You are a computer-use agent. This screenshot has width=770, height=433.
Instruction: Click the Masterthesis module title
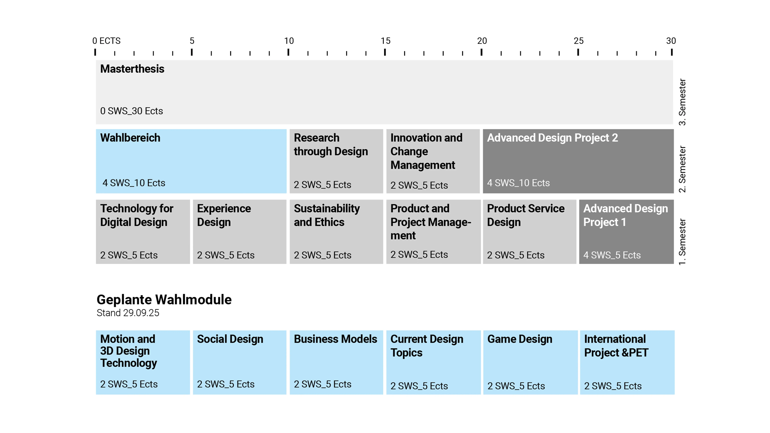132,69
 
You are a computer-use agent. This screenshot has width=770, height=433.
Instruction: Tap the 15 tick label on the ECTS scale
385,41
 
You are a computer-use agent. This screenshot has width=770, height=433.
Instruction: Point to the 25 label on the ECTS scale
578,41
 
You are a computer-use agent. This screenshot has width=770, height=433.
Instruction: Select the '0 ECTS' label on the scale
106,41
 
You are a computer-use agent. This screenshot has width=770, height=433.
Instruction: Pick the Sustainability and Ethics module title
327,215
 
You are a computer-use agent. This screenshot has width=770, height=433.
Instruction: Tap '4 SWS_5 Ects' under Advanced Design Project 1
612,255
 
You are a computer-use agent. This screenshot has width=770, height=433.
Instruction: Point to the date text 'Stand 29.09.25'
128,313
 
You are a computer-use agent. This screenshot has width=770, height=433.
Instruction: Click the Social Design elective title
230,339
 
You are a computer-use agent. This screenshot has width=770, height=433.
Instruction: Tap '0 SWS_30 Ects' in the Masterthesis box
131,111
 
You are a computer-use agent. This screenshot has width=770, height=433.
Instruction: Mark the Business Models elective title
335,339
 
